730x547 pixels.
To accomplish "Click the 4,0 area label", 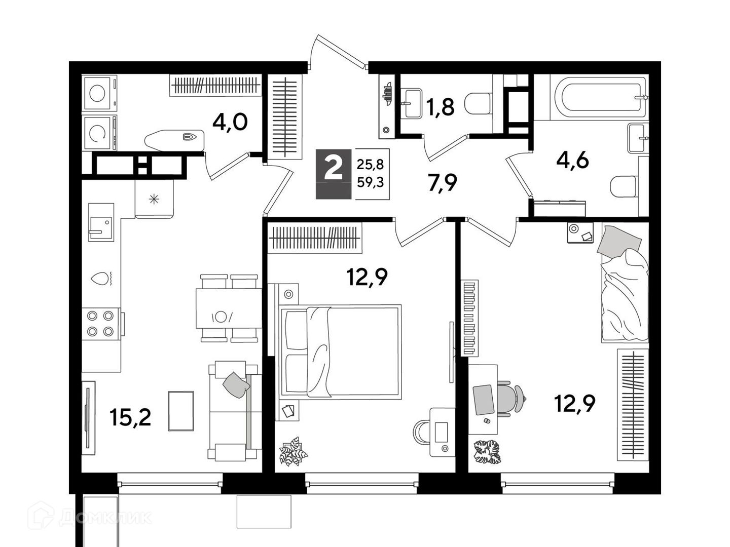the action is tap(230, 123).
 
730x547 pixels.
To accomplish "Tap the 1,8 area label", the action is tap(440, 106).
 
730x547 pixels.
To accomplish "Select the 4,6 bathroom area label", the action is tap(572, 161).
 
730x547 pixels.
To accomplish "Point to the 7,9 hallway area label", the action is tap(443, 182).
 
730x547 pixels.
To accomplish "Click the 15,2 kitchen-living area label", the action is tap(130, 417).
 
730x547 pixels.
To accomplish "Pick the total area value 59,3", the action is tap(371, 182).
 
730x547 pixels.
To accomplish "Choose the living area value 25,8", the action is tap(371, 164).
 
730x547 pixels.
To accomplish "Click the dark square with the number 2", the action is tap(333, 174).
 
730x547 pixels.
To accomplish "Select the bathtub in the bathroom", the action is tap(600, 97).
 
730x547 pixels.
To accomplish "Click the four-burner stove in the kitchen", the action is tap(100, 324).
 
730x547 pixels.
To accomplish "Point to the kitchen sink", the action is tap(101, 222).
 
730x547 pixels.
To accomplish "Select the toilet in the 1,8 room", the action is tap(478, 104).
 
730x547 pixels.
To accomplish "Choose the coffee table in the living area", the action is tap(181, 411).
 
